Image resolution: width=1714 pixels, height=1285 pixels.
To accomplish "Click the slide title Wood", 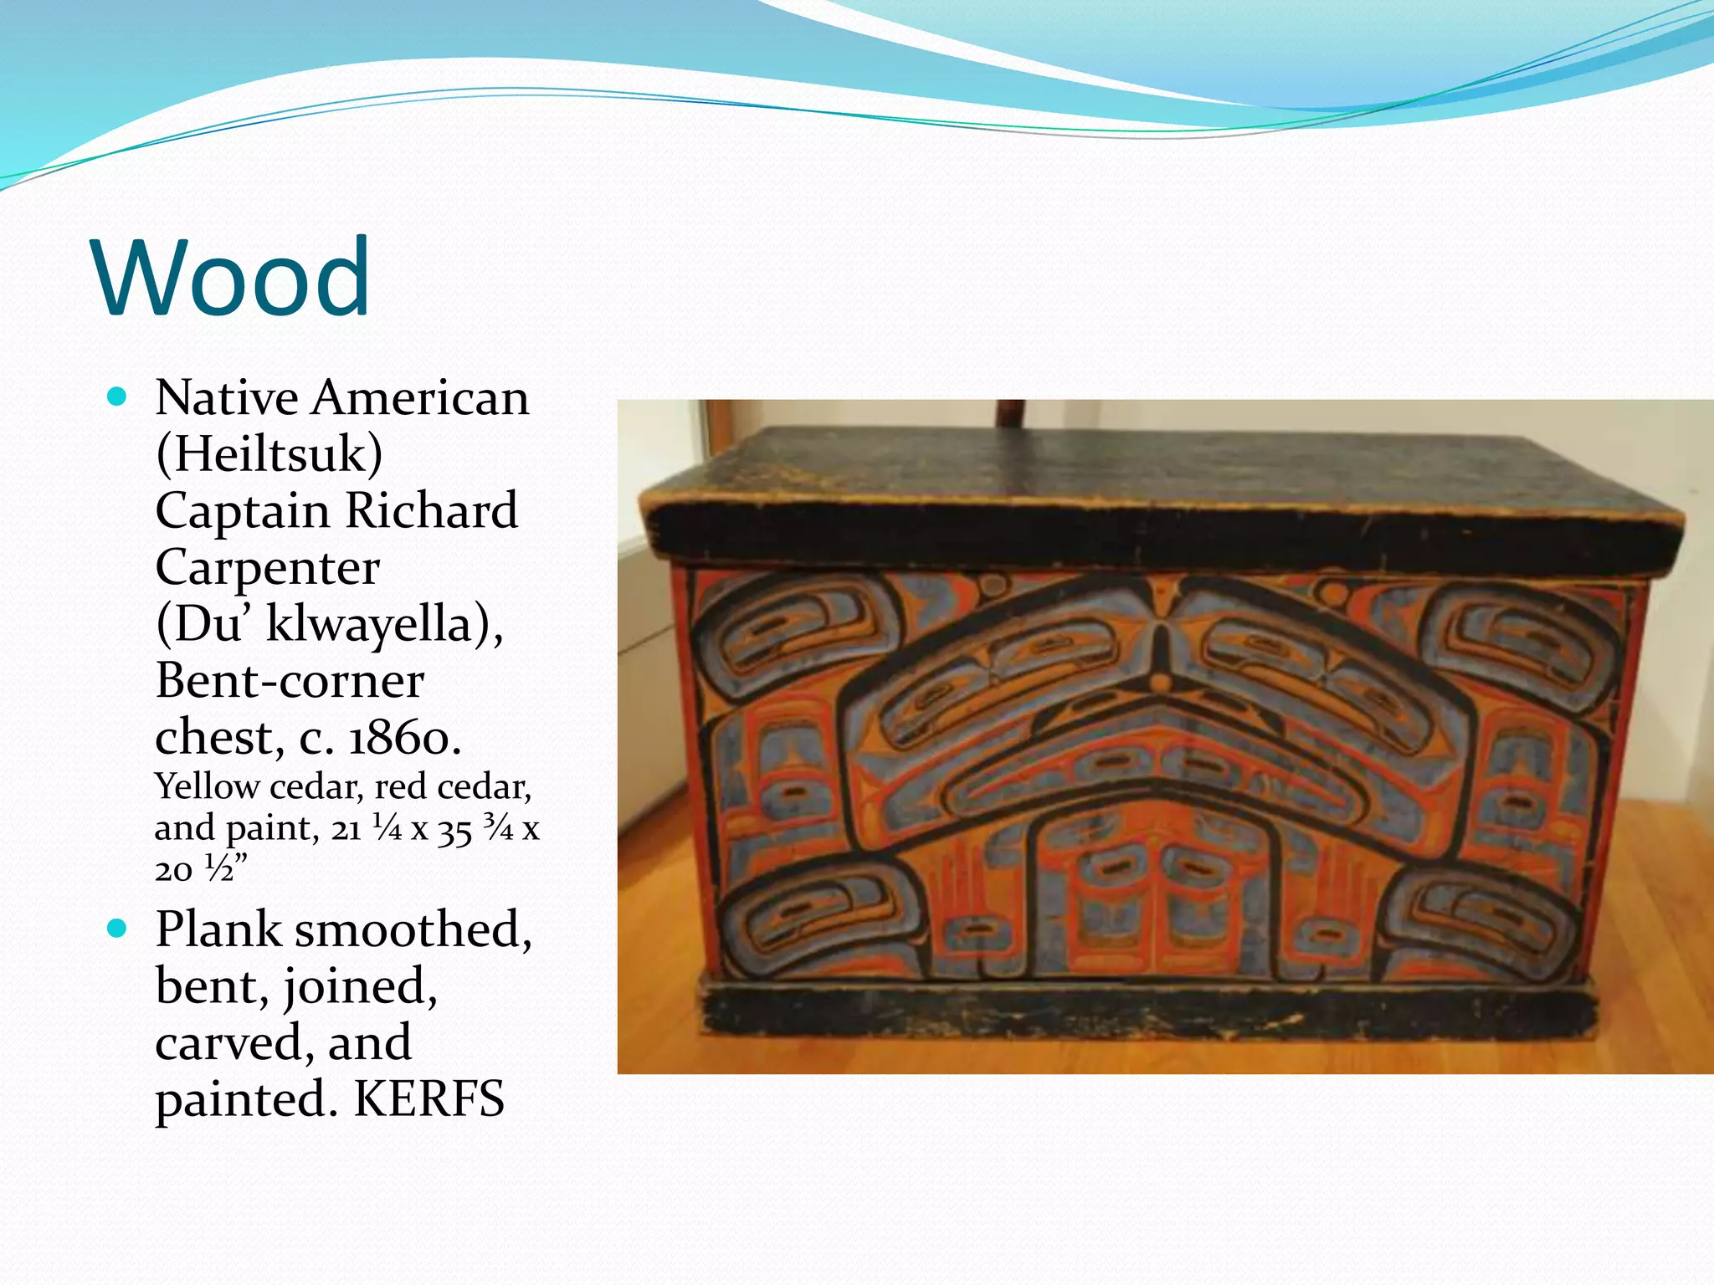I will tap(232, 278).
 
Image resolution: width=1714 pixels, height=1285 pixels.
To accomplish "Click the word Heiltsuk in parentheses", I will tap(269, 454).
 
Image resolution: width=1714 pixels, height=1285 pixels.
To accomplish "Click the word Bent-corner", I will tap(290, 681).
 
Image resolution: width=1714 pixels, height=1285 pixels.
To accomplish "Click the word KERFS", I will tap(429, 1099).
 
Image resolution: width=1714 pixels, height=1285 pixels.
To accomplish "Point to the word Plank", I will tap(218, 929).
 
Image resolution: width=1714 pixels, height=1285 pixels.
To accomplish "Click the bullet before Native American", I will tap(117, 396).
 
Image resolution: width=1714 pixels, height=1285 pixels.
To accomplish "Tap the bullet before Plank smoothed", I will tap(117, 928).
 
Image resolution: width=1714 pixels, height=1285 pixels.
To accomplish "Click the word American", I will tap(420, 397).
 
